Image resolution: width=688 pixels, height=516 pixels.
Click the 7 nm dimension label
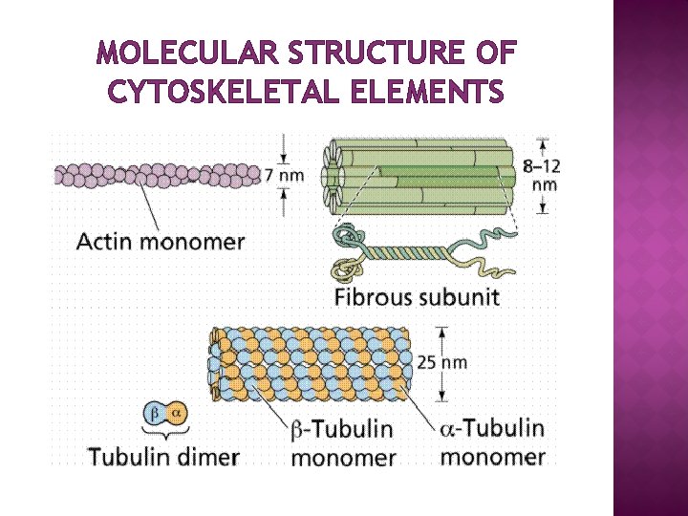[x=285, y=175]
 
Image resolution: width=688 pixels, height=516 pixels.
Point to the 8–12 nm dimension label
[x=542, y=173]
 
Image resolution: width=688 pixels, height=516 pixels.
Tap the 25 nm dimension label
[x=442, y=362]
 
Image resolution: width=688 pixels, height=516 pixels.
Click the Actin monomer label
[x=161, y=241]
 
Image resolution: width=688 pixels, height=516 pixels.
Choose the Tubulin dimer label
[x=163, y=456]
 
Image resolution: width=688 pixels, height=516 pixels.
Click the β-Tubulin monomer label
[x=343, y=442]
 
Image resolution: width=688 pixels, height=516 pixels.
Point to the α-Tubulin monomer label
[x=492, y=441]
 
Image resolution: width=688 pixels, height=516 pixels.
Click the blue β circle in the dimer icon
[x=155, y=413]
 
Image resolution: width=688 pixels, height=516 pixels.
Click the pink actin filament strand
[x=158, y=175]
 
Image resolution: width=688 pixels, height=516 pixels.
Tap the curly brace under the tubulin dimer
[x=164, y=432]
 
